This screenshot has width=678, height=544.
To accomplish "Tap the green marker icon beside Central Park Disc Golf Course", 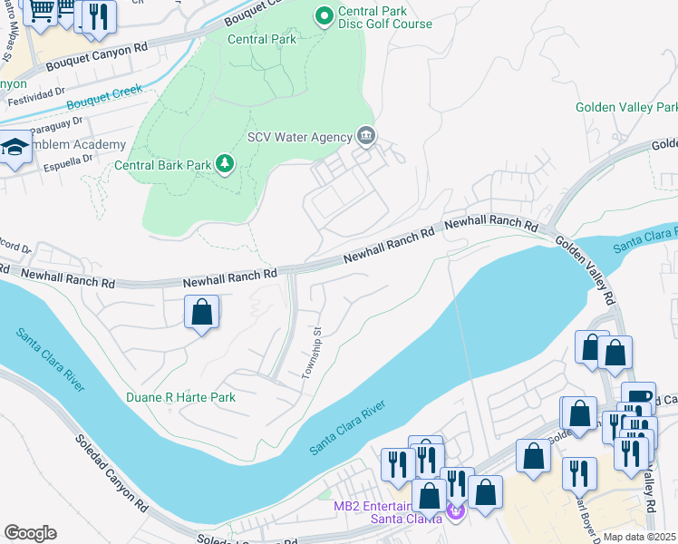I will pyautogui.click(x=323, y=15).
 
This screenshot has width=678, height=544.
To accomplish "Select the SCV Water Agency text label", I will pyautogui.click(x=299, y=138).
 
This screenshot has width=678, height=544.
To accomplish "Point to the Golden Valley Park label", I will pyautogui.click(x=626, y=108).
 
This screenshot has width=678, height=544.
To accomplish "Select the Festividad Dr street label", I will pyautogui.click(x=36, y=102).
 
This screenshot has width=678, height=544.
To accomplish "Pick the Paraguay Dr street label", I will pyautogui.click(x=54, y=123).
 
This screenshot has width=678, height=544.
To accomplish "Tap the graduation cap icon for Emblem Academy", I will pyautogui.click(x=15, y=147).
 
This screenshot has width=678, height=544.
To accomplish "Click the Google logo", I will pyautogui.click(x=30, y=533).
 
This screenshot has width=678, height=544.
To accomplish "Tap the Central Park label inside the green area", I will pyautogui.click(x=261, y=40).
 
